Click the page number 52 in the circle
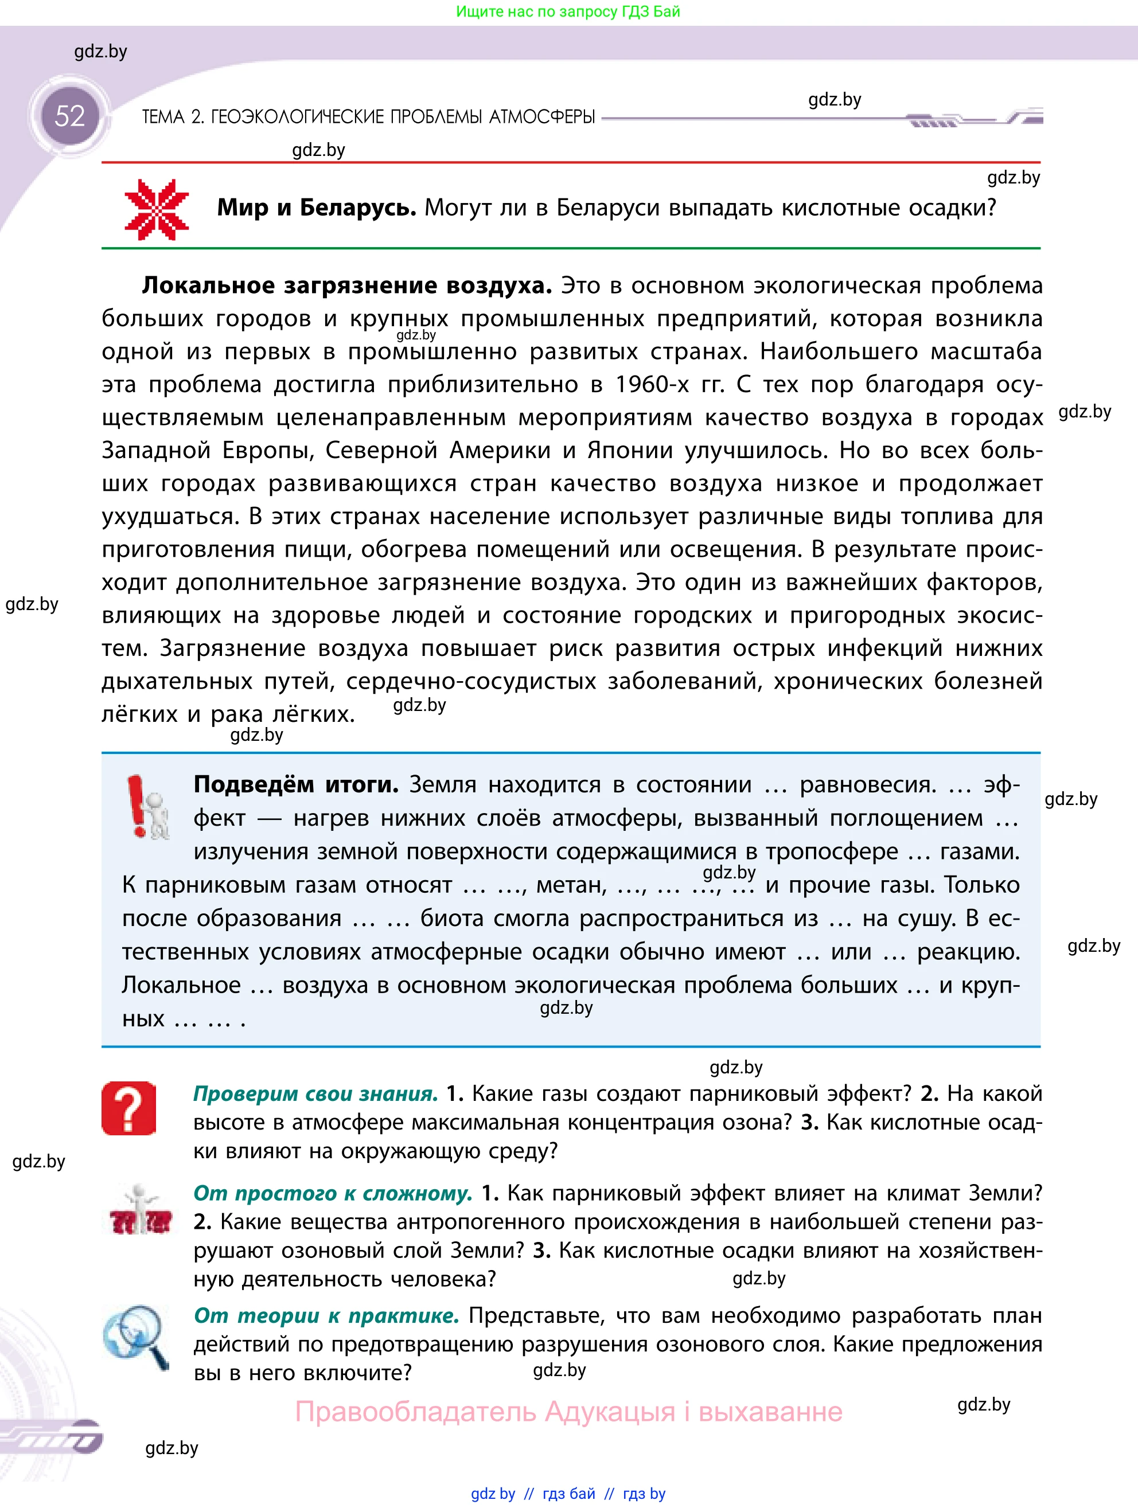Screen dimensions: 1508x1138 click(x=69, y=116)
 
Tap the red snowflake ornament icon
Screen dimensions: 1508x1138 click(x=157, y=209)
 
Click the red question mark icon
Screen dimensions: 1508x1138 click(x=129, y=1108)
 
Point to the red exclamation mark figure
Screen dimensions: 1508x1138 click(x=147, y=807)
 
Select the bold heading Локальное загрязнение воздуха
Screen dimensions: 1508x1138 click(x=346, y=285)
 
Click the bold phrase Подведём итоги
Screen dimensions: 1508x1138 click(x=296, y=785)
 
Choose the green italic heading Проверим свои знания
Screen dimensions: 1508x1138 click(x=315, y=1093)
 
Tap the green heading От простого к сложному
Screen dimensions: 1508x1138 click(x=333, y=1193)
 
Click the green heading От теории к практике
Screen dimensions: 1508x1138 click(x=326, y=1315)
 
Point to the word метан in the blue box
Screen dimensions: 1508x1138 click(x=571, y=885)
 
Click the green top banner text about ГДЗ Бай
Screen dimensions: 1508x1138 click(x=568, y=11)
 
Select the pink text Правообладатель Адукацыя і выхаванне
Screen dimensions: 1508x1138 click(x=568, y=1411)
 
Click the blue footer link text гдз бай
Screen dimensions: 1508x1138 click(x=568, y=1494)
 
